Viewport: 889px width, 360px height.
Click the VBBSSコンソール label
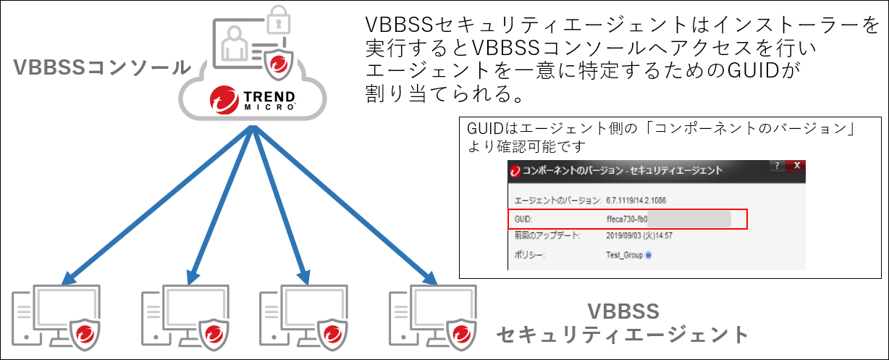coord(101,68)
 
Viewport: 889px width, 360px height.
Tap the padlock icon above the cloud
coord(277,22)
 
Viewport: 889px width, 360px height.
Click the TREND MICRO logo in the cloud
coord(253,100)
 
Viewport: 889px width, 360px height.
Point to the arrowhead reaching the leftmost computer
coord(67,279)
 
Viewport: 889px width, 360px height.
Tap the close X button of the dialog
coord(796,166)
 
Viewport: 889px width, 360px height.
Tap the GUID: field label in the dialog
coord(523,218)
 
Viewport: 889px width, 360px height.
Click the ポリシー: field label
coord(530,255)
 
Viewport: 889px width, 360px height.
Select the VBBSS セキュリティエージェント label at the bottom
coord(622,323)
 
